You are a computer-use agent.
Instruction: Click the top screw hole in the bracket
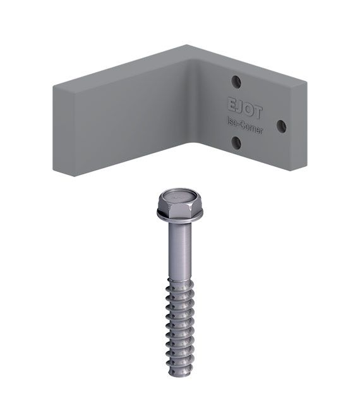(x=236, y=82)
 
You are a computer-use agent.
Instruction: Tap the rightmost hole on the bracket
(x=282, y=126)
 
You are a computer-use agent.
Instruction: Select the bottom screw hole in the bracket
(x=236, y=143)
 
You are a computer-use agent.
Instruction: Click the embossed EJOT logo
(x=245, y=108)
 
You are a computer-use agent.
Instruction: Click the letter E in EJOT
(x=232, y=104)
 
